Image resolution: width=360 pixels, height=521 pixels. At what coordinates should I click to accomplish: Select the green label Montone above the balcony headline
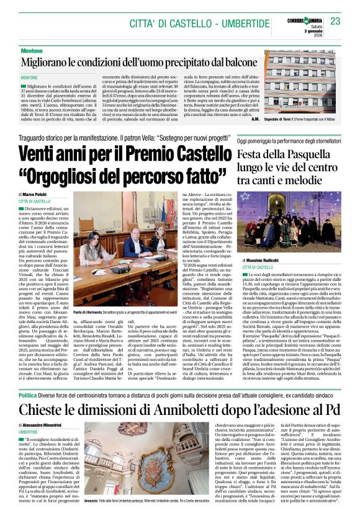coord(32,50)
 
